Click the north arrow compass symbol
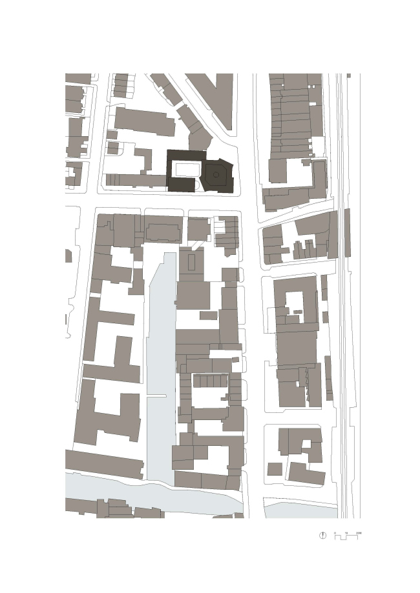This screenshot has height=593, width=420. coord(323,535)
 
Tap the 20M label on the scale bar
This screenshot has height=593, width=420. coord(359,532)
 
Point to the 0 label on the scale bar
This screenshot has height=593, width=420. coord(335,532)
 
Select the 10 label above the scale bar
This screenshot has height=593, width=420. coord(346,532)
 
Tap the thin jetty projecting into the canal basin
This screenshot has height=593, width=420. coord(158,396)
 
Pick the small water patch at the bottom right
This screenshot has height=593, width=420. coord(300,510)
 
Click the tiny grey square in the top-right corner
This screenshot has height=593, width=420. coord(349,76)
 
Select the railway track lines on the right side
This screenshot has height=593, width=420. coord(342,290)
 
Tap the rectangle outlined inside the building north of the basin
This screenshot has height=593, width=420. coord(192,263)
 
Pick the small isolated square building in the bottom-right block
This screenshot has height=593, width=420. coord(274,468)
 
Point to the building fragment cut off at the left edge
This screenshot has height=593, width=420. coord(68,256)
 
